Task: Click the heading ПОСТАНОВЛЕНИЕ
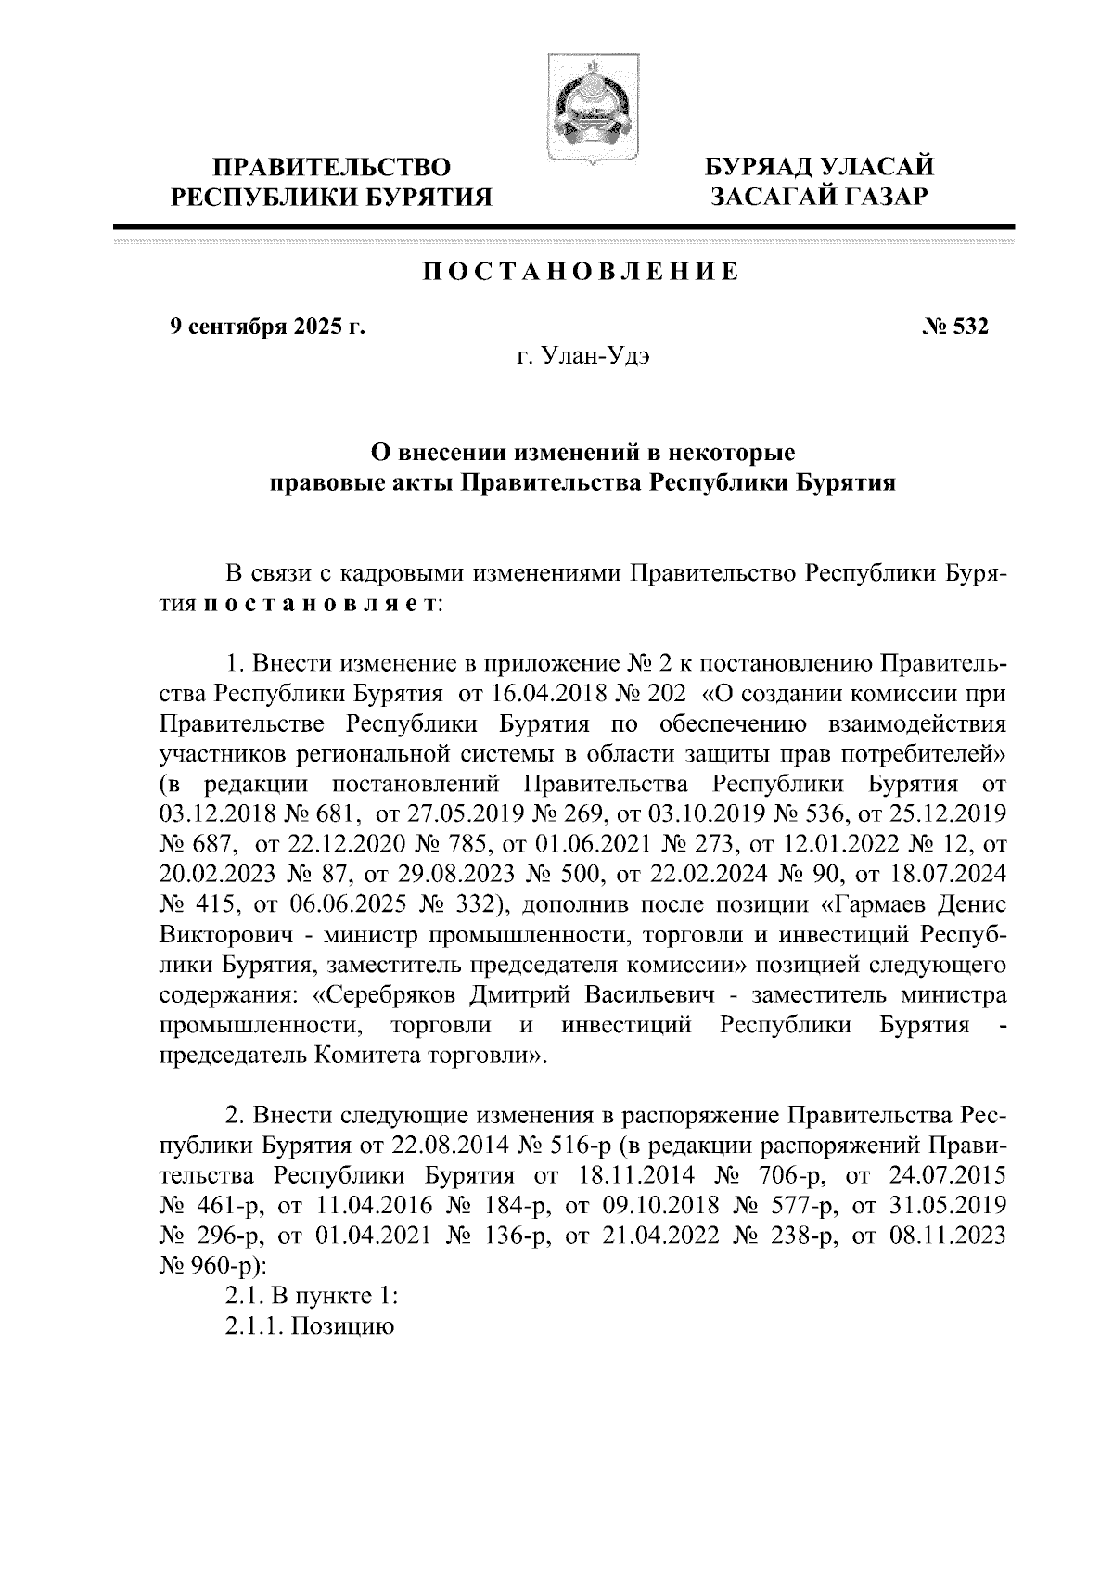[582, 273]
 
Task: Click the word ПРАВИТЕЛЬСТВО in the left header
[333, 167]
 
